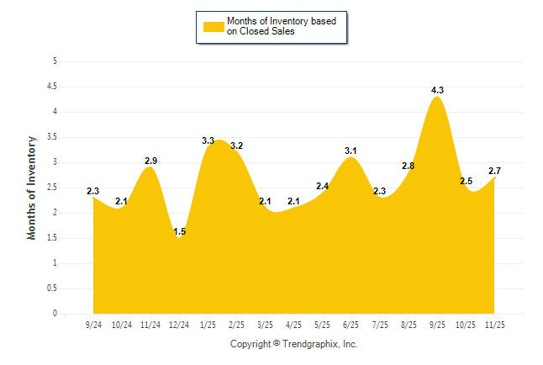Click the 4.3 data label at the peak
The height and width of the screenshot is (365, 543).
click(437, 90)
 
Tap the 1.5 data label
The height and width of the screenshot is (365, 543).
click(178, 231)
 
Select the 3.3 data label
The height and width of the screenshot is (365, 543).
click(208, 140)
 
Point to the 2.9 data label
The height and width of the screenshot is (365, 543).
click(150, 161)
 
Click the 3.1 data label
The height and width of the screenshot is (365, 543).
click(351, 151)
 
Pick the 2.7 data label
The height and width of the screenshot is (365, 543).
click(494, 171)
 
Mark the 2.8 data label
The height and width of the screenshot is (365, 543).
click(409, 166)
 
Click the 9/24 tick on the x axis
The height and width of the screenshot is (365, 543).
click(93, 325)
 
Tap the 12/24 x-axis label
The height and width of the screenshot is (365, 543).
click(179, 325)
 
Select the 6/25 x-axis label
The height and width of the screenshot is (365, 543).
click(351, 325)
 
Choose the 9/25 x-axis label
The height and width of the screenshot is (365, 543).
click(437, 325)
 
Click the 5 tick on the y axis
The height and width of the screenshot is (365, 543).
click(55, 61)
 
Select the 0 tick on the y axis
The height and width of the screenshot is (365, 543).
click(55, 314)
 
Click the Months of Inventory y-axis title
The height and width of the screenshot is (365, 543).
click(32, 188)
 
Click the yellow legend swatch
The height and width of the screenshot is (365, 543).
click(214, 26)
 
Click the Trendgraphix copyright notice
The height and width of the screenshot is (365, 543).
click(294, 344)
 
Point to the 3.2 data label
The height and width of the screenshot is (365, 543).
click(236, 145)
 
